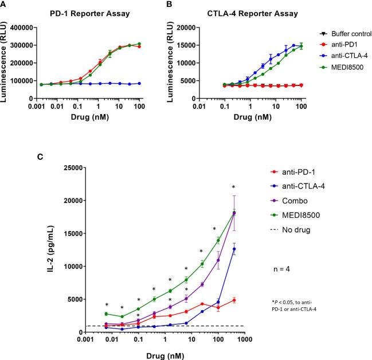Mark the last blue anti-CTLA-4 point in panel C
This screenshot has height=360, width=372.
pyautogui.click(x=233, y=249)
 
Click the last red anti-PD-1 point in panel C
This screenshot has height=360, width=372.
pyautogui.click(x=233, y=300)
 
